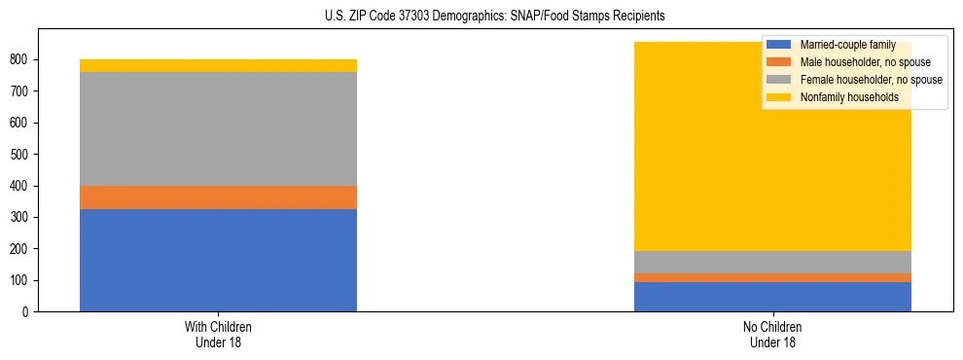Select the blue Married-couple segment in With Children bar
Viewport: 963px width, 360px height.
(218, 260)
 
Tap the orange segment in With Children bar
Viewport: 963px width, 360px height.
(218, 198)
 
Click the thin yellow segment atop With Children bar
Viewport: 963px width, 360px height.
(218, 65)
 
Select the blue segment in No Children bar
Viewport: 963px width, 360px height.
(772, 297)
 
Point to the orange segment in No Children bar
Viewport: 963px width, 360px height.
(772, 278)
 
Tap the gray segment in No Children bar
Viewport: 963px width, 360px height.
(772, 262)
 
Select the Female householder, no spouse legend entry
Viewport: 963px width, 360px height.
(869, 80)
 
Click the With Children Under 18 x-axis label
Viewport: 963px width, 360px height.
(218, 334)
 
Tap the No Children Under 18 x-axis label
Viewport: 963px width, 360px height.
(772, 334)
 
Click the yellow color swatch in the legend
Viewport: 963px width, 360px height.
(779, 97)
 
